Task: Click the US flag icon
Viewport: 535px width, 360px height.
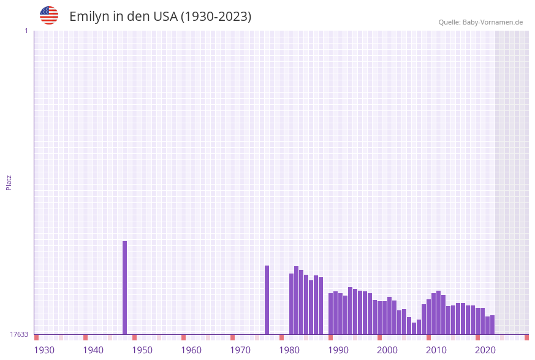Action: pyautogui.click(x=49, y=15)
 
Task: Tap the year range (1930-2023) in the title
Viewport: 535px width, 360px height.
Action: pyautogui.click(x=216, y=17)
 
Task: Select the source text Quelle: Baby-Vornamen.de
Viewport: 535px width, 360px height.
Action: pyautogui.click(x=480, y=22)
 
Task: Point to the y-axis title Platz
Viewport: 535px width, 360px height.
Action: pyautogui.click(x=9, y=182)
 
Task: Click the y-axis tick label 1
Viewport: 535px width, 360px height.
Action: pyautogui.click(x=26, y=31)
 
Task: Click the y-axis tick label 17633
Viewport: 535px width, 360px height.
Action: pyautogui.click(x=19, y=334)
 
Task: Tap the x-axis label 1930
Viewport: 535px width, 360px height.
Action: pyautogui.click(x=44, y=350)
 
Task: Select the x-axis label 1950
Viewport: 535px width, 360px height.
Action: pyautogui.click(x=142, y=350)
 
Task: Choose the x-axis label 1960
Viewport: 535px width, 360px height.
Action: pyautogui.click(x=191, y=350)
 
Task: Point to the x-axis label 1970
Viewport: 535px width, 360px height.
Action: pyautogui.click(x=240, y=350)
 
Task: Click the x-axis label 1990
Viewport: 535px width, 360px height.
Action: pyautogui.click(x=338, y=350)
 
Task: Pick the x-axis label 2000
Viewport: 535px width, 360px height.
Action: pyautogui.click(x=387, y=350)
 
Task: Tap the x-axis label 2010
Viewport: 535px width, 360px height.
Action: pyautogui.click(x=436, y=350)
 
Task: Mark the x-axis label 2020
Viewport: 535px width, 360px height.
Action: pyautogui.click(x=485, y=350)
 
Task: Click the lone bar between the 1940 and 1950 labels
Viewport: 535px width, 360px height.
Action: pyautogui.click(x=124, y=288)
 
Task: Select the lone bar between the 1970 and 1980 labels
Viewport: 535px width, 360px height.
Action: pyautogui.click(x=267, y=301)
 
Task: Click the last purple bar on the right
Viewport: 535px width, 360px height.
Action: pyautogui.click(x=492, y=325)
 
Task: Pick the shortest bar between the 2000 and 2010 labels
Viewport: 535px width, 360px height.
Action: pyautogui.click(x=414, y=329)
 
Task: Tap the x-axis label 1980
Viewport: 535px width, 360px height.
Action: pyautogui.click(x=289, y=350)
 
